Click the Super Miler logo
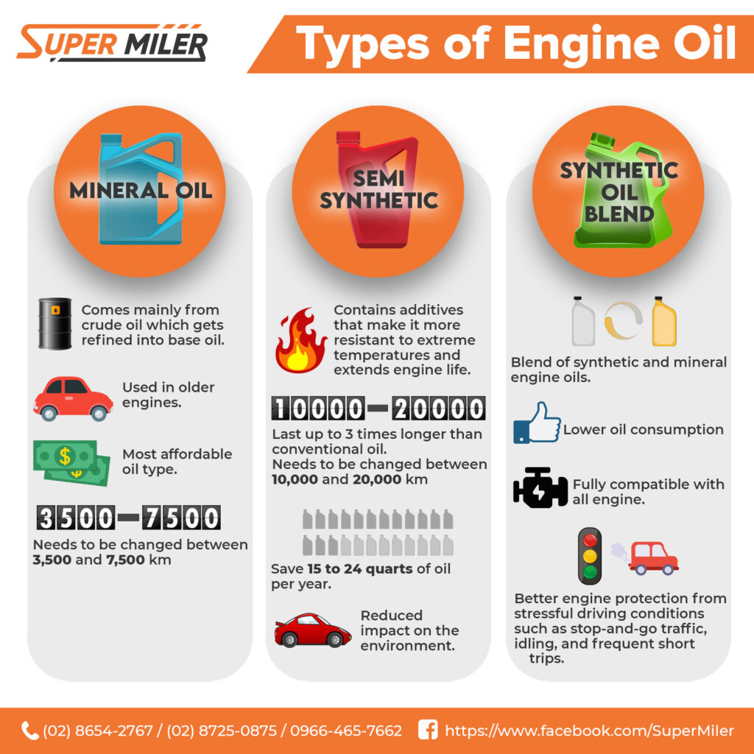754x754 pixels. pos(112,42)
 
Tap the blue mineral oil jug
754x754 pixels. pos(141,188)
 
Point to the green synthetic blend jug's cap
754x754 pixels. pos(602,140)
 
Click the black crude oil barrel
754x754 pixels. pos(54,323)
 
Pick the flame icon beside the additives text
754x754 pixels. pos(301,340)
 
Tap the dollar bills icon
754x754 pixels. pos(71,462)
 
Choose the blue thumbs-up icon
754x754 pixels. pos(537,423)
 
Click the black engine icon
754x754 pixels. pos(540,487)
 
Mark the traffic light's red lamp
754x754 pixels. pos(590,540)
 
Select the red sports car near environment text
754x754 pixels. pos(312,630)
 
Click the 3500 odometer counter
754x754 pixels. pos(76,518)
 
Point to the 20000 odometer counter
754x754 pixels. pos(439,408)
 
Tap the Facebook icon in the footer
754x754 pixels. pos(428,730)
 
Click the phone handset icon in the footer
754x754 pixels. pos(29,730)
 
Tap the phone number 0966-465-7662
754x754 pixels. pos(346,730)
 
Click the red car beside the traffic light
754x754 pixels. pos(654,558)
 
